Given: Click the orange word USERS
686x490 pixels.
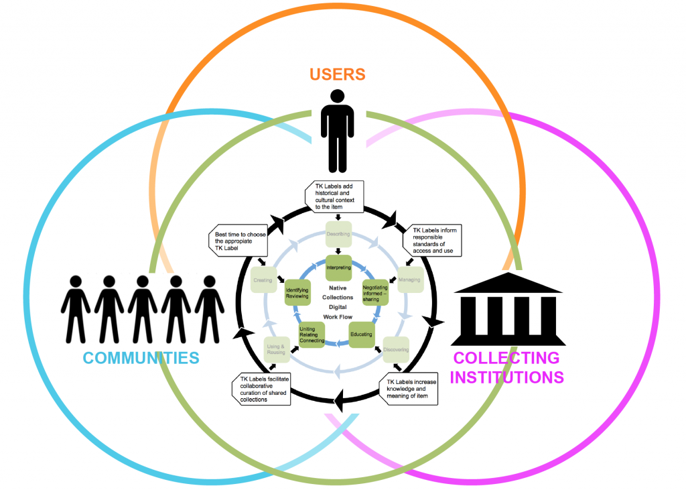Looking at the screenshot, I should coord(337,73).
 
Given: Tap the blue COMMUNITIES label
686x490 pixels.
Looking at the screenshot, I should coord(141,357).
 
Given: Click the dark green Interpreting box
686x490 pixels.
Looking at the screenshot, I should coord(338,267).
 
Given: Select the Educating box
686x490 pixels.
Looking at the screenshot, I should coord(362,334).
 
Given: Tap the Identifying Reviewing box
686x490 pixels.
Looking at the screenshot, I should coord(297,292).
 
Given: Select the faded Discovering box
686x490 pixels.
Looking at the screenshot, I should coord(396,349).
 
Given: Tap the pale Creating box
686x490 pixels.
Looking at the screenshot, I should coord(262,280).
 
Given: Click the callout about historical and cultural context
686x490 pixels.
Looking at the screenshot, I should coord(336,197).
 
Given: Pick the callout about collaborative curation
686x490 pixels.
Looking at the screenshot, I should coord(265,389).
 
